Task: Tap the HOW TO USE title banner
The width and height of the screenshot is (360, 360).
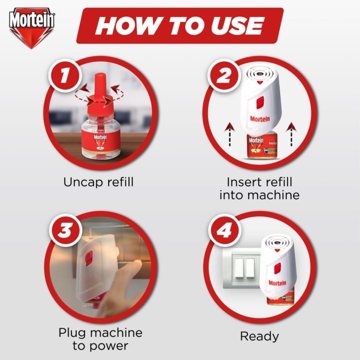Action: click(x=179, y=25)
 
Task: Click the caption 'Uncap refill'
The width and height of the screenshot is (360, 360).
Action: click(x=98, y=181)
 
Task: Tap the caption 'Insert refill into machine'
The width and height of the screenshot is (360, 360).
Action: click(x=259, y=188)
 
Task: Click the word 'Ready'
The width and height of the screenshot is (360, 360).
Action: click(x=259, y=336)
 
